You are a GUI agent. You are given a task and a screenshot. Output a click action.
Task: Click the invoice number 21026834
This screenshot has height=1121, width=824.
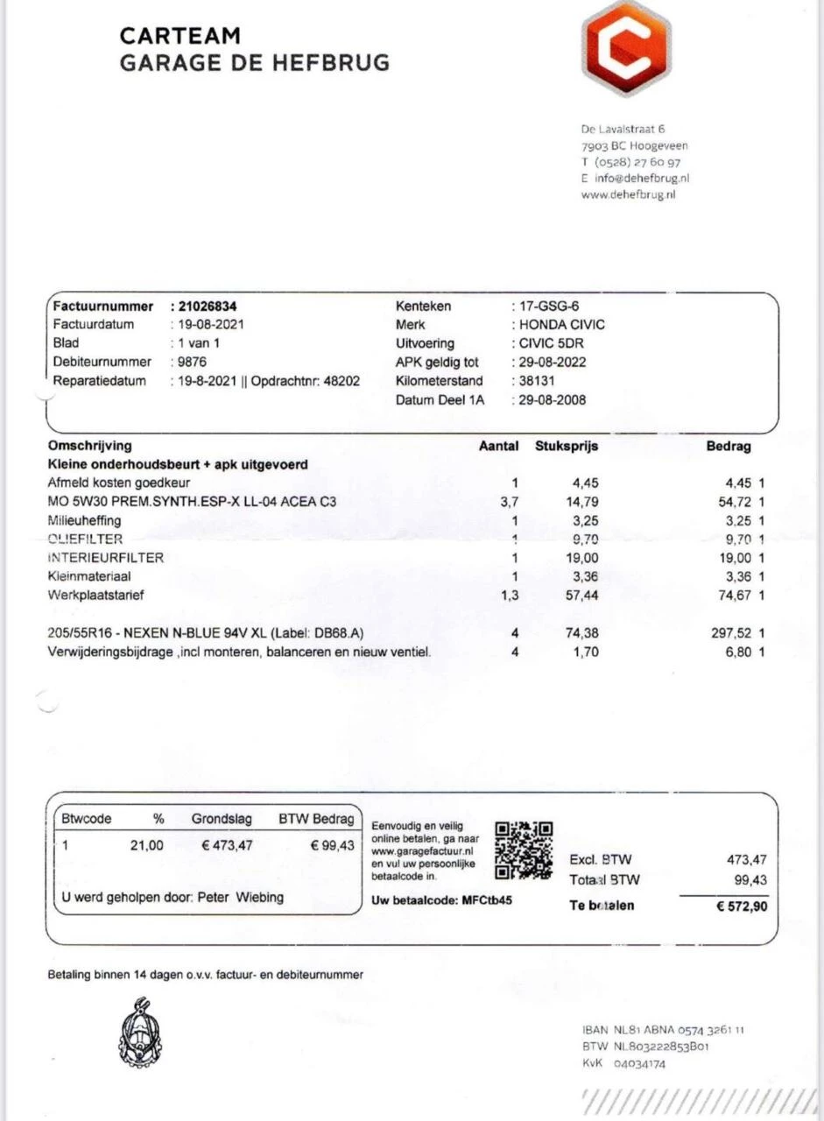pos(208,307)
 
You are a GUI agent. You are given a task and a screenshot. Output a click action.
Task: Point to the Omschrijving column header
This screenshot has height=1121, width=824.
pos(90,446)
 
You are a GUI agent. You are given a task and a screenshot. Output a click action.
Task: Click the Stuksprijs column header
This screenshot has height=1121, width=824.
pos(567,446)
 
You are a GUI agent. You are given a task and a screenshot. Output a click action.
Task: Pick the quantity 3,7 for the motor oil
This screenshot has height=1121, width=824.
pos(509,502)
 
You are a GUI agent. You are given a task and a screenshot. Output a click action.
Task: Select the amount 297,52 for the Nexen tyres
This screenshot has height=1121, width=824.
pos(730,632)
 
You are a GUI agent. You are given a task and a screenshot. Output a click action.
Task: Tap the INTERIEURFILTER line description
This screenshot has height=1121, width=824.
pos(106,557)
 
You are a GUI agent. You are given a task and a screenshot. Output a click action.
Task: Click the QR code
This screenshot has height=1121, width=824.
pos(524,850)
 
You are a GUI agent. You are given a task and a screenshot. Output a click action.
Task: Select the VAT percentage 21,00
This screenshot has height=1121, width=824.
pos(146,845)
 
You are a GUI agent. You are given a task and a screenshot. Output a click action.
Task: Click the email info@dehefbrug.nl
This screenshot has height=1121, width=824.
pos(642,178)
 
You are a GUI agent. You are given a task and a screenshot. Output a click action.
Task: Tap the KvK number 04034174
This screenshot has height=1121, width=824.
pos(639,1064)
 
